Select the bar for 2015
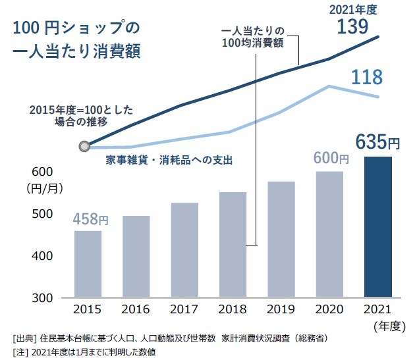88,263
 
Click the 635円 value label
377,141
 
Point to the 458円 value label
90,218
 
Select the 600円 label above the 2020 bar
331,158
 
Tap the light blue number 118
366,78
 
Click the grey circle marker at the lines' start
84,147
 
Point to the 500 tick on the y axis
41,214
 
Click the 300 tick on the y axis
41,297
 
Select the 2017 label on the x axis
184,310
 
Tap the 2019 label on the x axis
281,310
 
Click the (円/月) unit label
44,188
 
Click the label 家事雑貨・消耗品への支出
170,160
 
